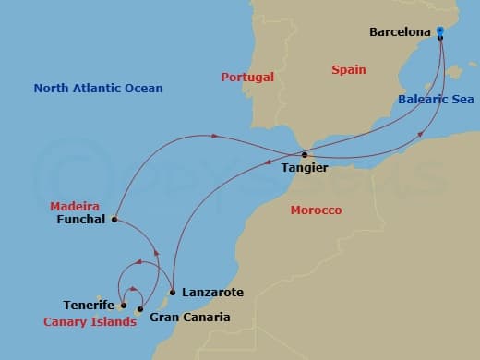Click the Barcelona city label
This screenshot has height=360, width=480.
(400, 31)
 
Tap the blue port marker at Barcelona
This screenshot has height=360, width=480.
(440, 31)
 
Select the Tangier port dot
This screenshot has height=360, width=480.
(306, 155)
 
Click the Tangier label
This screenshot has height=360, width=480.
(304, 169)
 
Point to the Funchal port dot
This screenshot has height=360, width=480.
(114, 220)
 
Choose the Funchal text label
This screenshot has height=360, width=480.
(82, 221)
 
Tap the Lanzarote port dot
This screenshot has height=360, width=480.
(172, 293)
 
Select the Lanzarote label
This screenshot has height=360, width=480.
(213, 293)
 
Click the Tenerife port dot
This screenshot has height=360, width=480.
(123, 305)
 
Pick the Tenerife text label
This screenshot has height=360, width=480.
(89, 306)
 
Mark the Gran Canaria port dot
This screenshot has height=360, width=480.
(139, 308)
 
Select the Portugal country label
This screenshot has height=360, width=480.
(247, 77)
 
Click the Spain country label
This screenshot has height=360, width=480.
(349, 69)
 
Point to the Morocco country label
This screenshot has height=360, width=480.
(316, 210)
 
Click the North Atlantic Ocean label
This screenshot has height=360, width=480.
(98, 89)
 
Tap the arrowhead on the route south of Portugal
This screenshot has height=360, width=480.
(213, 137)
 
